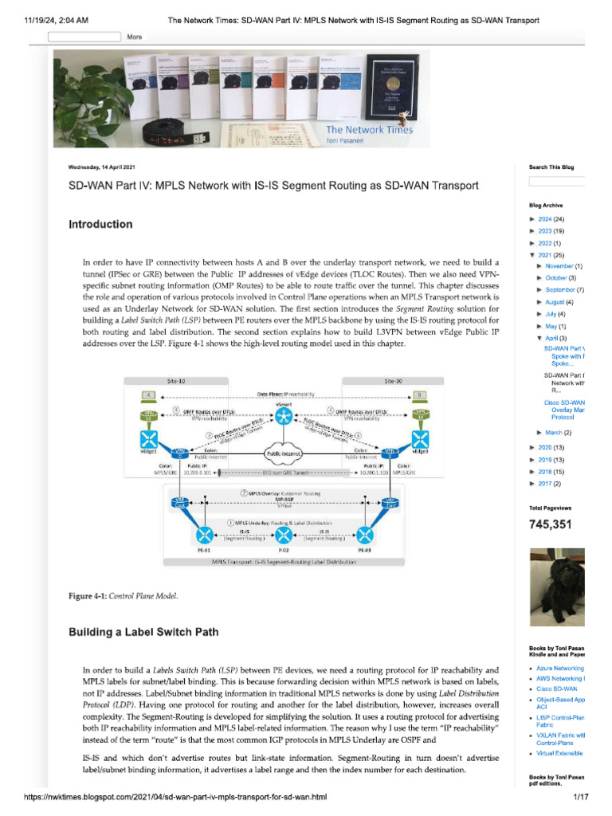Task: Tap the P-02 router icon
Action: pyautogui.click(x=284, y=534)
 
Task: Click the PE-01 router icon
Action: pyautogui.click(x=205, y=534)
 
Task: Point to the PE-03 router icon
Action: pyautogui.click(x=364, y=534)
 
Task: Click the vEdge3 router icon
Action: pyautogui.click(x=420, y=441)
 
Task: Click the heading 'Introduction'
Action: pyautogui.click(x=100, y=225)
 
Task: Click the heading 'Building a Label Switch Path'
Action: pyautogui.click(x=143, y=632)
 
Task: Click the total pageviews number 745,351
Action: pyautogui.click(x=551, y=524)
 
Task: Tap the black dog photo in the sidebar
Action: pyautogui.click(x=557, y=587)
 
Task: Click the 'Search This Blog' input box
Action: pyautogui.click(x=557, y=181)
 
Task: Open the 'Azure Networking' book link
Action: pyautogui.click(x=560, y=669)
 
